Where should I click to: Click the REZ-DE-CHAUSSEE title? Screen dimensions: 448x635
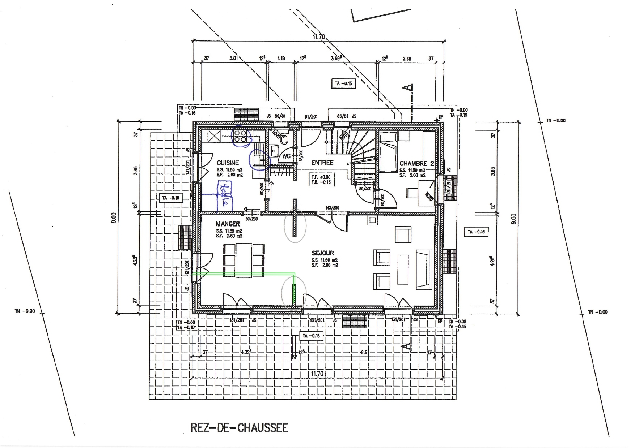pyautogui.click(x=239, y=428)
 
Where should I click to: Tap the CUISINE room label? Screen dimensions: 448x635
pyautogui.click(x=228, y=163)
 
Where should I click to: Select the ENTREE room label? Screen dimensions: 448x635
pyautogui.click(x=322, y=163)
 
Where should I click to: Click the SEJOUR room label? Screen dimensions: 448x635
pyautogui.click(x=323, y=253)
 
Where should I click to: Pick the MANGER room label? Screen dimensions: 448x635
pyautogui.click(x=228, y=224)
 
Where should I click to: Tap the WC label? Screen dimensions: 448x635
pyautogui.click(x=287, y=156)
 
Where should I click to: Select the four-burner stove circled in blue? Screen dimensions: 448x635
pyautogui.click(x=240, y=136)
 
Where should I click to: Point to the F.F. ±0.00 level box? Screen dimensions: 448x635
pyautogui.click(x=321, y=180)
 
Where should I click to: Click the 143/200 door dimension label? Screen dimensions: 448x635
pyautogui.click(x=332, y=208)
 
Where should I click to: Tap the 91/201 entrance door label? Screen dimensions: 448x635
pyautogui.click(x=311, y=116)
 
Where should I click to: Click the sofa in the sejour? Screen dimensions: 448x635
pyautogui.click(x=424, y=270)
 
